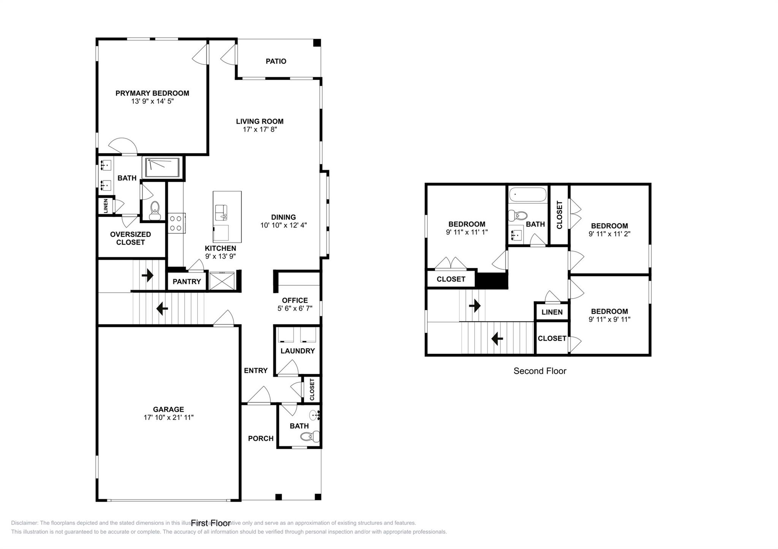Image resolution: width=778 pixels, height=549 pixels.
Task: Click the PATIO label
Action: (x=276, y=61)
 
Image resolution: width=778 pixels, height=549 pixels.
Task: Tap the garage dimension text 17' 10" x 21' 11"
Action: (x=168, y=417)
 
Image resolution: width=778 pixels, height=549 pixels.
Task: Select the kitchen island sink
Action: (x=221, y=212)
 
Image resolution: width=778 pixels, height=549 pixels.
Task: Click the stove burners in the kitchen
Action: (x=176, y=223)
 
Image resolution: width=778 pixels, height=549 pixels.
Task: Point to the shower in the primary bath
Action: (x=162, y=167)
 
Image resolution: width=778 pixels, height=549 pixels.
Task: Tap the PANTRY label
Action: (x=187, y=282)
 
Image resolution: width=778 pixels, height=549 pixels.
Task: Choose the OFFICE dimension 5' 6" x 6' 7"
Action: (x=295, y=308)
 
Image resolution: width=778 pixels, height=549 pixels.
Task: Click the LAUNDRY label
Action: (x=297, y=351)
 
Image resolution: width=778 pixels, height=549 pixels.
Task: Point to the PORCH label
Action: (x=261, y=439)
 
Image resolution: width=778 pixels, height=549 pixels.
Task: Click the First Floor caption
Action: (x=210, y=523)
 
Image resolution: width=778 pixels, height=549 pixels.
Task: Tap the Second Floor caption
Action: (x=539, y=371)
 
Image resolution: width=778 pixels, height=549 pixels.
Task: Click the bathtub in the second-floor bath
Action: (x=528, y=195)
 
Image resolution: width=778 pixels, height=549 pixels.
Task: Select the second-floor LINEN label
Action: (x=552, y=312)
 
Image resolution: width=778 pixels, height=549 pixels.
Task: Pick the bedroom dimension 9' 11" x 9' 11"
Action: (x=609, y=319)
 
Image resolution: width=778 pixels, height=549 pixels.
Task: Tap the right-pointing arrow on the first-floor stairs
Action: (x=147, y=275)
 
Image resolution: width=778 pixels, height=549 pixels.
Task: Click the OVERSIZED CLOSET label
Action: (x=130, y=238)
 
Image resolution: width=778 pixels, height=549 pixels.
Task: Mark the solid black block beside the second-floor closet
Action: (x=492, y=281)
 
